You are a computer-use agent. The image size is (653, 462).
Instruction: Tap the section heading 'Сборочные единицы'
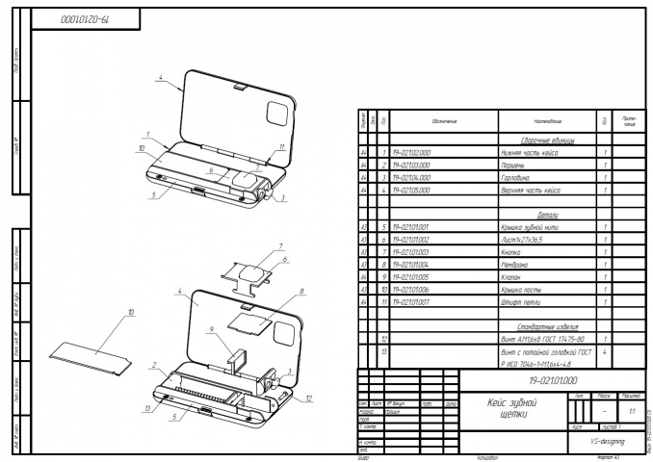547,141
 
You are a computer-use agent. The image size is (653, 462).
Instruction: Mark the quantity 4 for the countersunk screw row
603,352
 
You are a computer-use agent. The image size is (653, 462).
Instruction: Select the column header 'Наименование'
545,121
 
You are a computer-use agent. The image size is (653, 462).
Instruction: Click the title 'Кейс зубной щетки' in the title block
508,408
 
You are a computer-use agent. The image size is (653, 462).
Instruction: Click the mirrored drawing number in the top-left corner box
86,18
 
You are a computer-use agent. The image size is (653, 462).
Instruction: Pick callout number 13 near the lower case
145,409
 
